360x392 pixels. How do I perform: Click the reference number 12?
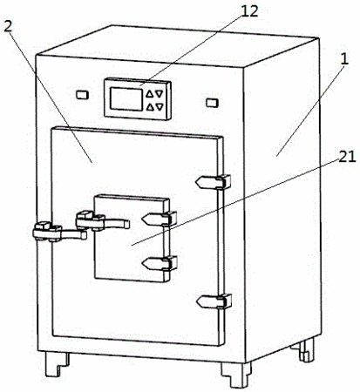tap(248, 11)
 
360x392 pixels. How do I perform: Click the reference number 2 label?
tap(9, 27)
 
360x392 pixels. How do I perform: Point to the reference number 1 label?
tap(344, 59)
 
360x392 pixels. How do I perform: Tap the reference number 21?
tap(347, 157)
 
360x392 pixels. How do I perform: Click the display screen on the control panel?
tap(126, 99)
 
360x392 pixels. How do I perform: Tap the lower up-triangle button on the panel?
tap(150, 107)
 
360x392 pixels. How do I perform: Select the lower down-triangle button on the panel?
tap(160, 107)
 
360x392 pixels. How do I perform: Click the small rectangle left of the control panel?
tap(82, 95)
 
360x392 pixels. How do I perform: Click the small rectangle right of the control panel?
tap(212, 103)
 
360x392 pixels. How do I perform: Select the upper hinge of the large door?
tap(214, 182)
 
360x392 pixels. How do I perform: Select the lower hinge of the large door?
tap(214, 301)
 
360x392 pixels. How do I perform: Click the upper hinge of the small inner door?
tap(160, 219)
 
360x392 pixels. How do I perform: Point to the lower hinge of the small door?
tap(160, 263)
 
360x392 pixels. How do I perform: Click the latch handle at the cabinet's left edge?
tap(59, 232)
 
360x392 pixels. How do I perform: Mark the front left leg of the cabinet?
tap(57, 364)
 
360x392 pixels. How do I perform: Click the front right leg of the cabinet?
tap(235, 375)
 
